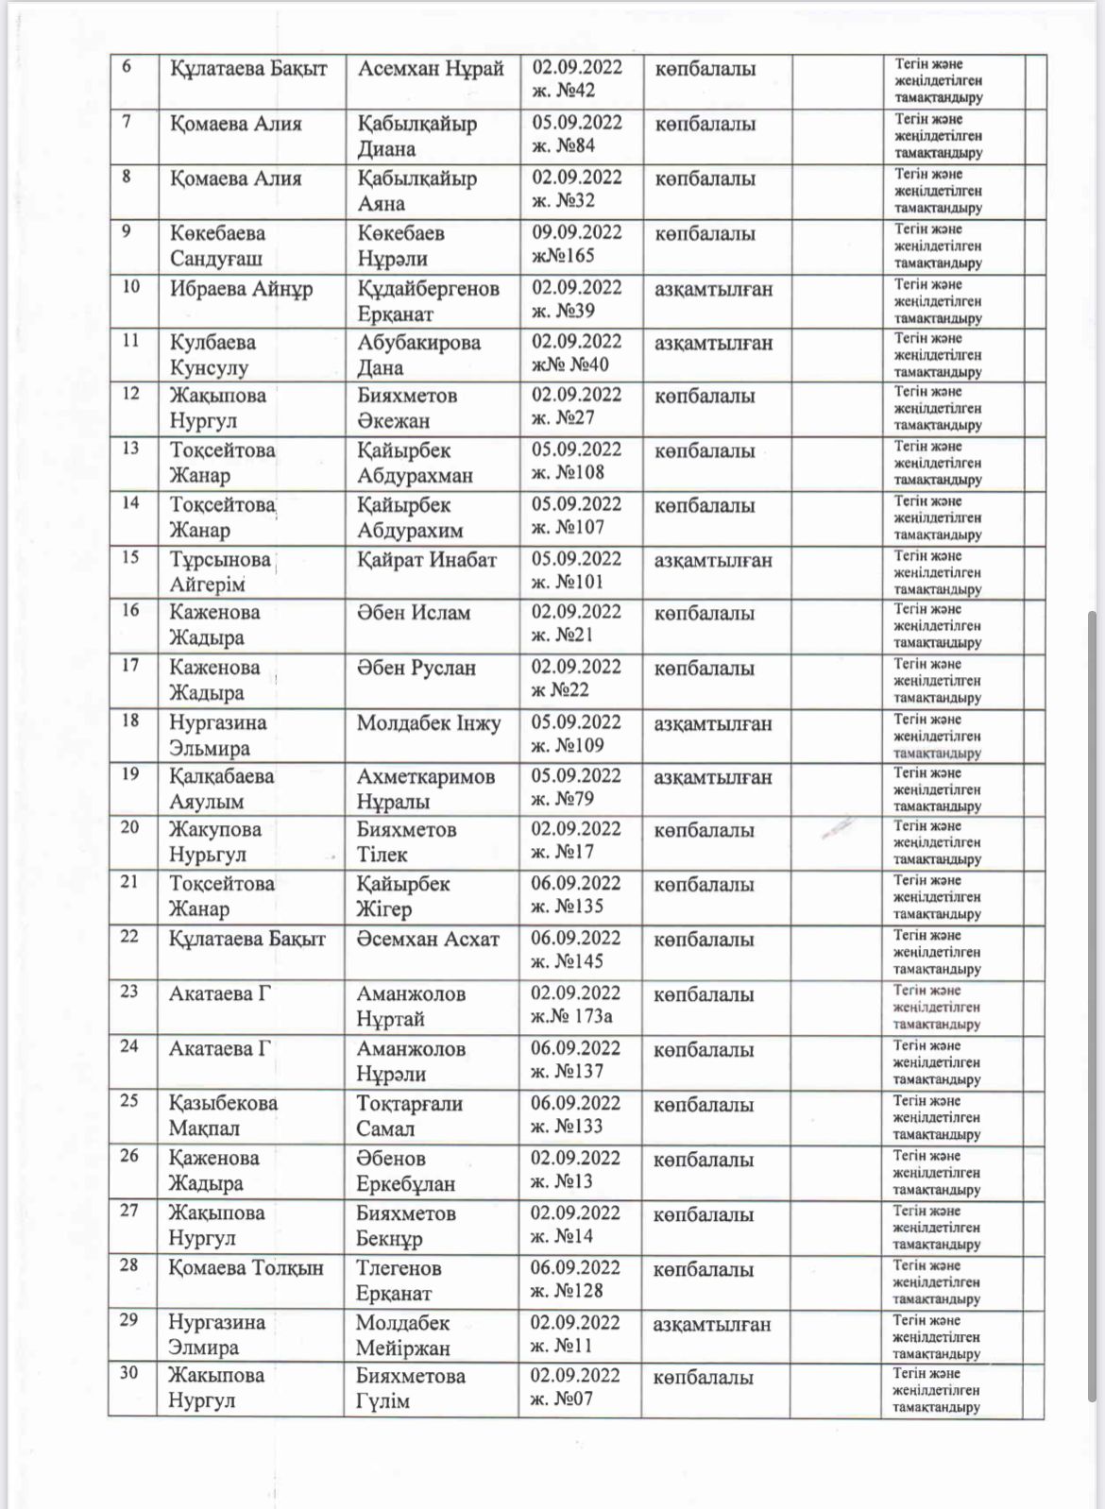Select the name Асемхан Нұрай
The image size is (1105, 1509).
431,69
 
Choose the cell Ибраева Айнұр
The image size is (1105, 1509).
241,289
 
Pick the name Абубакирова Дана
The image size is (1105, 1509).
418,355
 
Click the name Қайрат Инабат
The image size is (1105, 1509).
426,560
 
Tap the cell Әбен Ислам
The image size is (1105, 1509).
414,613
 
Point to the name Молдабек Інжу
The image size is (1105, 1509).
429,724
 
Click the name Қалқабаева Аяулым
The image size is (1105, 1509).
222,788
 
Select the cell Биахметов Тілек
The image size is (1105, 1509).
406,841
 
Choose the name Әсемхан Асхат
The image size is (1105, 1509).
427,940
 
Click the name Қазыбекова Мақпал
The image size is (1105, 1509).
223,1115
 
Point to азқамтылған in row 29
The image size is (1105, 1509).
711,1325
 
